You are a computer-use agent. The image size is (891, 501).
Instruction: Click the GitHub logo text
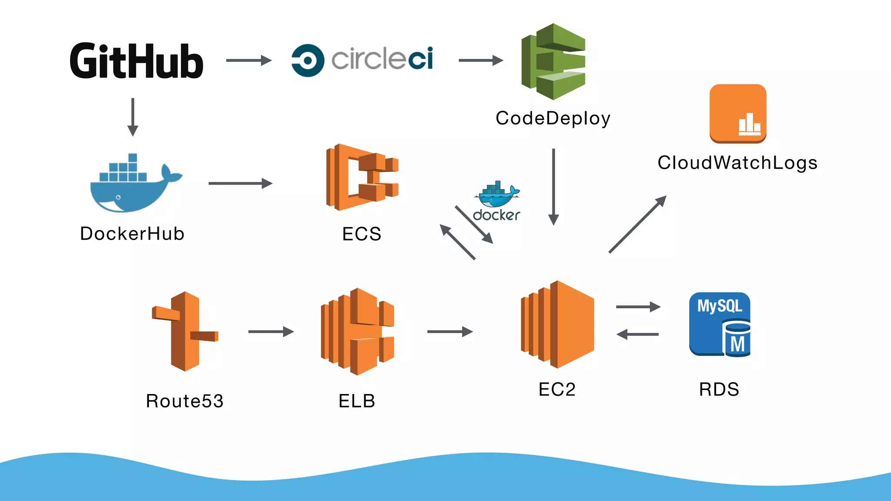[x=136, y=61]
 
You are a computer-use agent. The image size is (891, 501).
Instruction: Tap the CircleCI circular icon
[x=308, y=60]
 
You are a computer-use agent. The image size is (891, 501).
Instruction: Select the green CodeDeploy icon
[x=553, y=62]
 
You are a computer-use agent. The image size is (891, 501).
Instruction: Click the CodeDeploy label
[x=553, y=118]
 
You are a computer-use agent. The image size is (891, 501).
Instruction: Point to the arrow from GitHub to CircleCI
[x=248, y=60]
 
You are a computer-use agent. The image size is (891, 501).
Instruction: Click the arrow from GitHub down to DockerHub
[x=133, y=117]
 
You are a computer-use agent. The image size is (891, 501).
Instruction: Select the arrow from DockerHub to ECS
[x=240, y=183]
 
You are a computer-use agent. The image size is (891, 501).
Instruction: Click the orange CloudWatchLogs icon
[x=738, y=114]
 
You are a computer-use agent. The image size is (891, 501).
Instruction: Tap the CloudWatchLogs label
[x=737, y=163]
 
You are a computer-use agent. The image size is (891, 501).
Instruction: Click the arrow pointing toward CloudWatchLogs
[x=637, y=224]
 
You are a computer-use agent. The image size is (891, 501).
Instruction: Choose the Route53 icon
[x=185, y=331]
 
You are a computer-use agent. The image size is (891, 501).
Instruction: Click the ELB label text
[x=357, y=401]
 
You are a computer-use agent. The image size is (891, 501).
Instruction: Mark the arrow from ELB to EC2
[x=450, y=331]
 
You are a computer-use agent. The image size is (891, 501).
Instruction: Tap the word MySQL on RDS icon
[x=720, y=306]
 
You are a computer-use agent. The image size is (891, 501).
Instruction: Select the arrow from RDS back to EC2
[x=637, y=334]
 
